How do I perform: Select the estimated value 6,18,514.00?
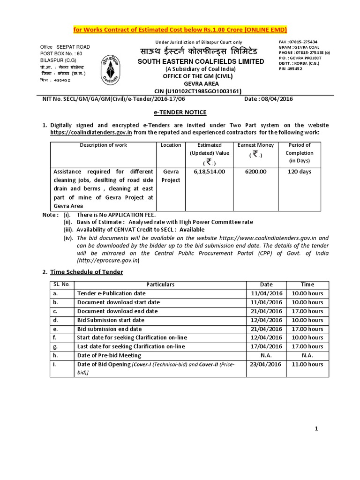[209, 172]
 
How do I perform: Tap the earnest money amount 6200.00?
[255, 172]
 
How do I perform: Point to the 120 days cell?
[299, 172]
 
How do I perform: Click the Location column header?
[171, 145]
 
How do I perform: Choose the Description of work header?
[103, 145]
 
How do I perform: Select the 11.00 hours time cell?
[307, 364]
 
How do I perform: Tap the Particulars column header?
[160, 285]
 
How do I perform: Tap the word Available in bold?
[192, 230]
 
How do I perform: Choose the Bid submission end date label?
[110, 329]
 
